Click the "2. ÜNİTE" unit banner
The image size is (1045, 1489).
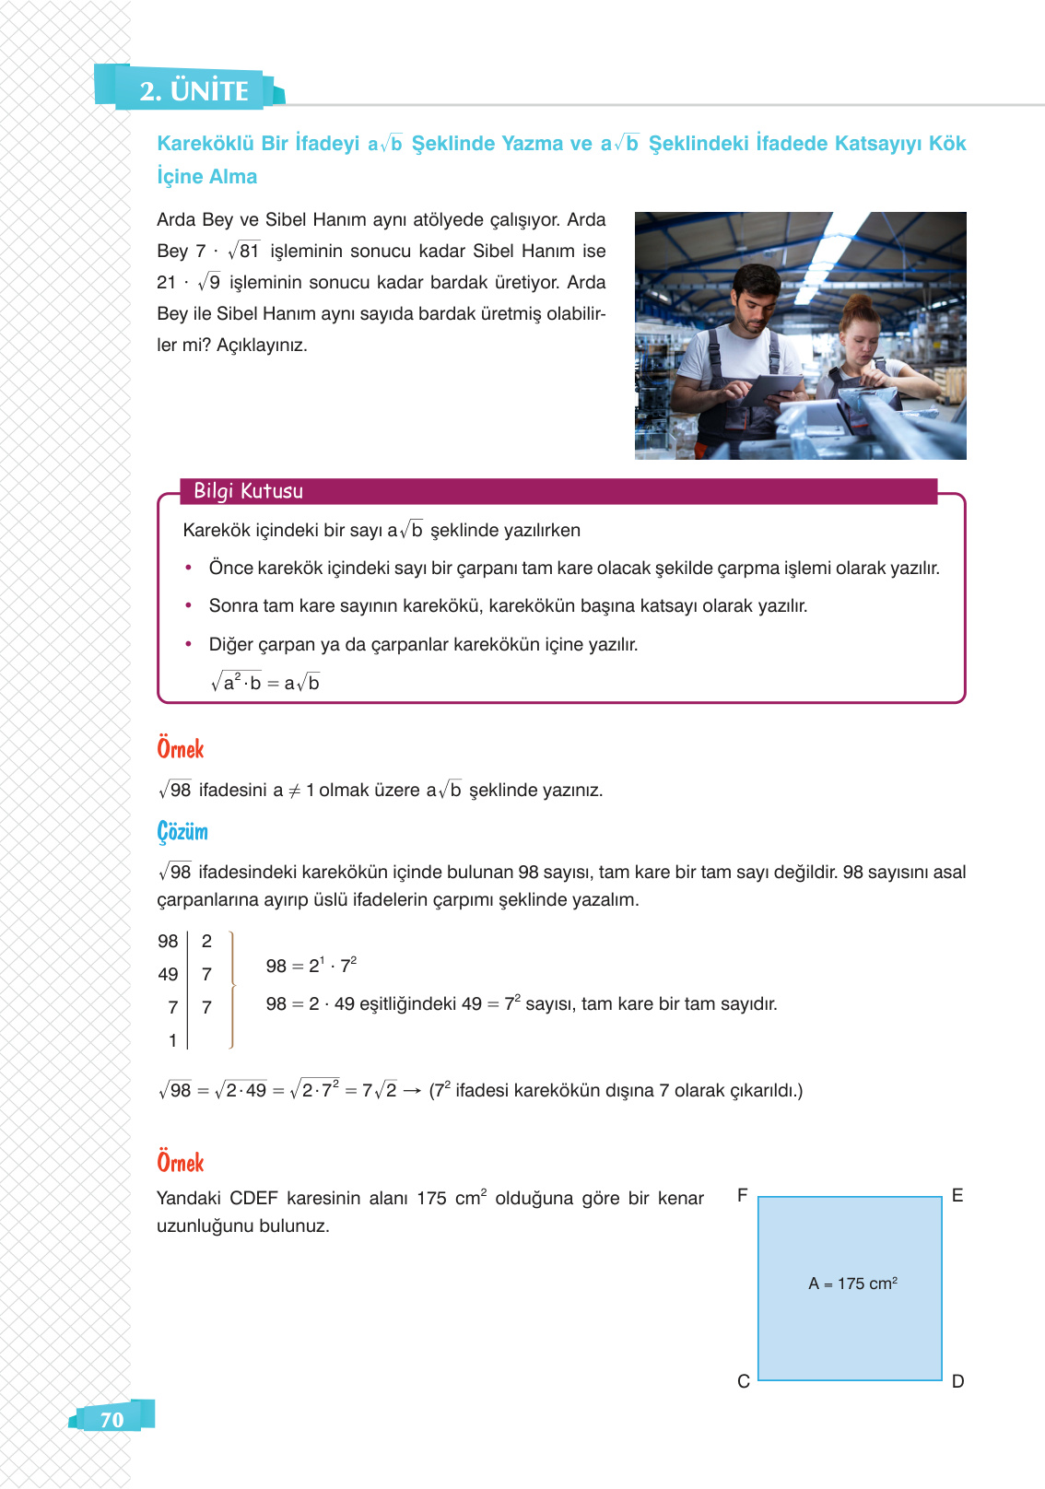(194, 90)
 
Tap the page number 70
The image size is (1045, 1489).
(112, 1419)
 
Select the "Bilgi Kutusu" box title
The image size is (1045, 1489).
(248, 491)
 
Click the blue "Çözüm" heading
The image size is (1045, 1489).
(182, 831)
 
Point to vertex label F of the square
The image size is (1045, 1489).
(742, 1195)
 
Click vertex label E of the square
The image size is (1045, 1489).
(957, 1195)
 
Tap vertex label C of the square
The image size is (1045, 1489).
(743, 1381)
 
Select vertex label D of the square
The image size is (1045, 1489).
(957, 1381)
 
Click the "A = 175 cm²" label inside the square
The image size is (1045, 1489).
(852, 1284)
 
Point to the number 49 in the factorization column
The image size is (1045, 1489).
(168, 974)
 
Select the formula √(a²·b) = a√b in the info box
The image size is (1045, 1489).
(264, 683)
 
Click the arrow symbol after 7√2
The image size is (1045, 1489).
(412, 1091)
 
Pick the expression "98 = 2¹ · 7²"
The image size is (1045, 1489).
(311, 966)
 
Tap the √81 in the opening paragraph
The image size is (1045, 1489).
(245, 251)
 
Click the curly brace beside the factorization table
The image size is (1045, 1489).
(231, 990)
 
